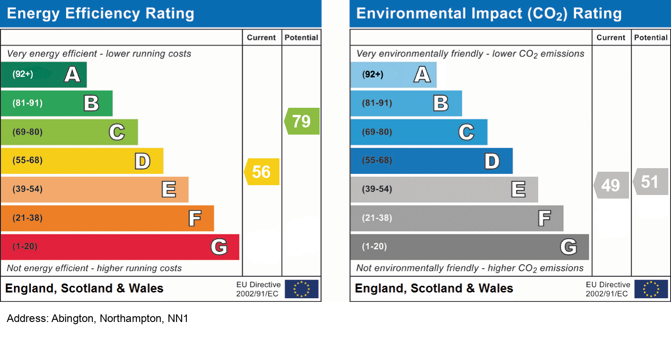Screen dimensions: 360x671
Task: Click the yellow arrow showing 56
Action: [262, 172]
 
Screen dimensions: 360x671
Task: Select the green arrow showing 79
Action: [302, 121]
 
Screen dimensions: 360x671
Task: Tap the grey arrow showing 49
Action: [612, 185]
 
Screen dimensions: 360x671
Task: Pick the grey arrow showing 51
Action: [651, 182]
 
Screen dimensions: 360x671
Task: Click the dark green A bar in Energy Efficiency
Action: [43, 75]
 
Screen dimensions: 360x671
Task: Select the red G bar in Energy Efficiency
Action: [120, 247]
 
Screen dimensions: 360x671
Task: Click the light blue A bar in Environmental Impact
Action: [393, 75]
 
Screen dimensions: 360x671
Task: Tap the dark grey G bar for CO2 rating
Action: [469, 247]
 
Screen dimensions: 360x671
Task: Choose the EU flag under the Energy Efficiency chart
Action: [302, 289]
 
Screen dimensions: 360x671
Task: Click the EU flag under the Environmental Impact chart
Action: [651, 289]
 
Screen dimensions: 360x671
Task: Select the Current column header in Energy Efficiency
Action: [262, 38]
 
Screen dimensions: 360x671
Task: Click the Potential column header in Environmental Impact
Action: [651, 38]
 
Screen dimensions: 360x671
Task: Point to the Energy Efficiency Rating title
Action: [101, 13]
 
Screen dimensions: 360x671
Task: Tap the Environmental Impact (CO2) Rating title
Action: [489, 13]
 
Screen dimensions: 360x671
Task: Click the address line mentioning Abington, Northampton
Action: [97, 319]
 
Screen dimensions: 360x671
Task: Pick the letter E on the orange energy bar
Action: [169, 190]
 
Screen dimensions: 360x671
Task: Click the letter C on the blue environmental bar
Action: [466, 132]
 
